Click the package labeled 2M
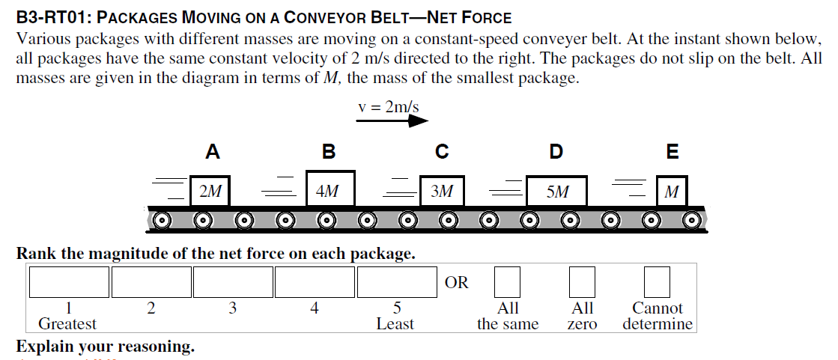point(210,191)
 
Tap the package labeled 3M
point(442,191)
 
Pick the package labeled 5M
point(556,191)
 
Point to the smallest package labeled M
point(672,191)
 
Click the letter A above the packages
point(213,152)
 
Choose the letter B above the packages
point(328,152)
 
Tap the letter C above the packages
point(442,152)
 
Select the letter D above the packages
point(556,152)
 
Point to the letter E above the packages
point(672,152)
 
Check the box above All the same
point(507,282)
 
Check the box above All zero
point(582,282)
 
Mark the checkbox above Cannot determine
point(657,282)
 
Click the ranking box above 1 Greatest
point(69,282)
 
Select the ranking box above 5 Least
point(396,282)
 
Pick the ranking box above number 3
point(233,282)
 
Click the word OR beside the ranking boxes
point(456,283)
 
